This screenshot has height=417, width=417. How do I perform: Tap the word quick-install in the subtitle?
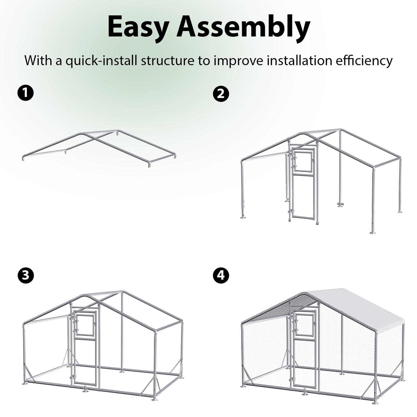tap(101, 61)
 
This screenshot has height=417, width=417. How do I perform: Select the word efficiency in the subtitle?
tap(364, 61)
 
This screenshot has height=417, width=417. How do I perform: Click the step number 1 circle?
tap(25, 93)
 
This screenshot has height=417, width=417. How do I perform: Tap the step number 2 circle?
tap(221, 94)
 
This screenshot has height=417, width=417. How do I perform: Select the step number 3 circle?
tap(25, 276)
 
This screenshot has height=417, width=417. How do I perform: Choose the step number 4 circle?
tap(221, 275)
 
